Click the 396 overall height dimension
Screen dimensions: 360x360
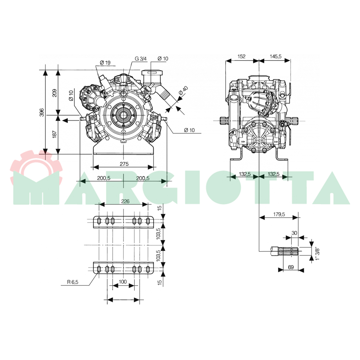[x=42, y=112]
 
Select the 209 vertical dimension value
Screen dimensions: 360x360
[x=54, y=93]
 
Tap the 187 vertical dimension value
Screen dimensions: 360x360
[x=54, y=134]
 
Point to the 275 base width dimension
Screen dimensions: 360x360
[x=124, y=164]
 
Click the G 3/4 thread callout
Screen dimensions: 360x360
[x=141, y=59]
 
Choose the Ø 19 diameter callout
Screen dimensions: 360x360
[x=105, y=62]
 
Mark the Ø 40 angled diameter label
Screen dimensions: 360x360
[x=183, y=91]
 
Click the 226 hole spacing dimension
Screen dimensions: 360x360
[x=126, y=201]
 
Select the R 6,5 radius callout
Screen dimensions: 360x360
[x=73, y=282]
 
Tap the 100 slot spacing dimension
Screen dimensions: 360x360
[x=123, y=282]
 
